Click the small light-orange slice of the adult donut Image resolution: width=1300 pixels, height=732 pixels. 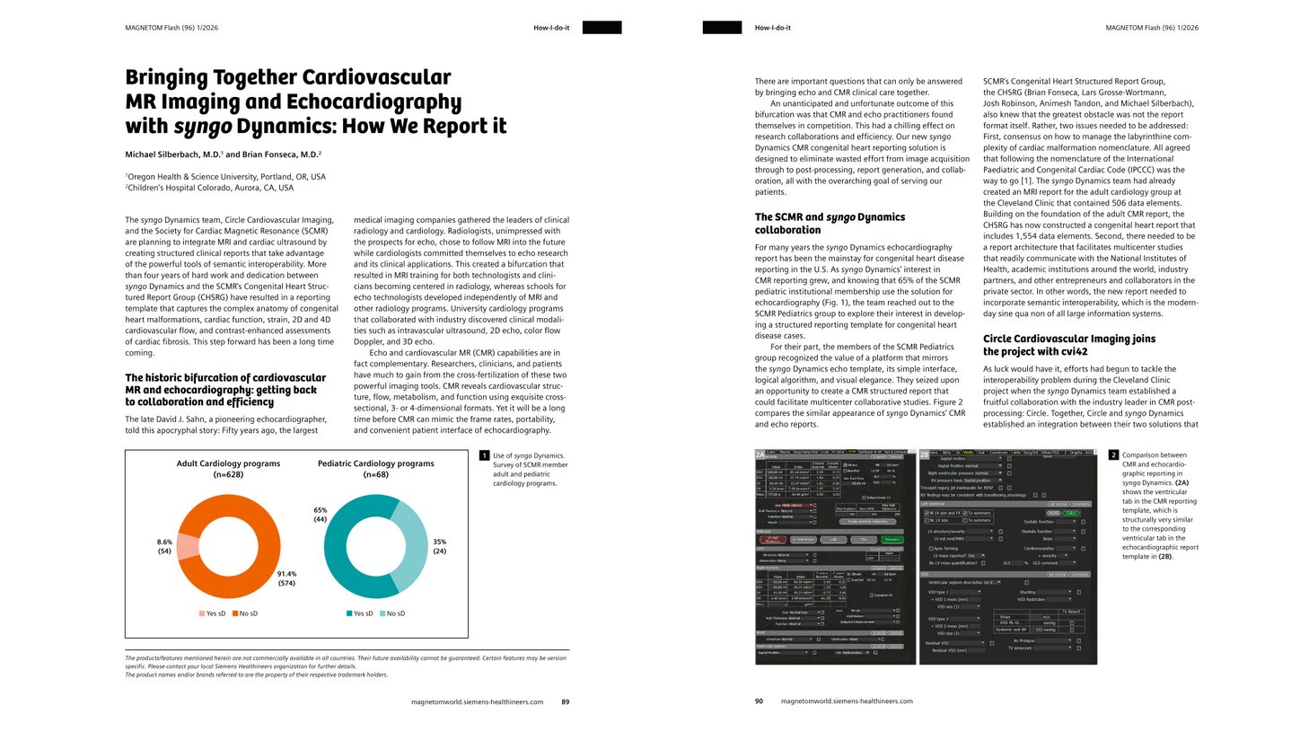click(x=188, y=547)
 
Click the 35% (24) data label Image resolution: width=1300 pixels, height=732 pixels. click(x=439, y=546)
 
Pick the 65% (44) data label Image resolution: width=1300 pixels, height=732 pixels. click(x=320, y=515)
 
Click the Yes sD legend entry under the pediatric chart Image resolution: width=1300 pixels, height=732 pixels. click(x=358, y=613)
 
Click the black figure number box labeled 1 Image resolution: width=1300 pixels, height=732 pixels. click(x=484, y=456)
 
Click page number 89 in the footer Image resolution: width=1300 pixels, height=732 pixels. click(x=566, y=701)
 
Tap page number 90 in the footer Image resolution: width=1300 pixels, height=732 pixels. click(x=759, y=701)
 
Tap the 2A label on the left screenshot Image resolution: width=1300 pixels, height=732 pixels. click(x=761, y=454)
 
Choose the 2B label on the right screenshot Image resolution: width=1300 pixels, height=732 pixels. click(x=926, y=454)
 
